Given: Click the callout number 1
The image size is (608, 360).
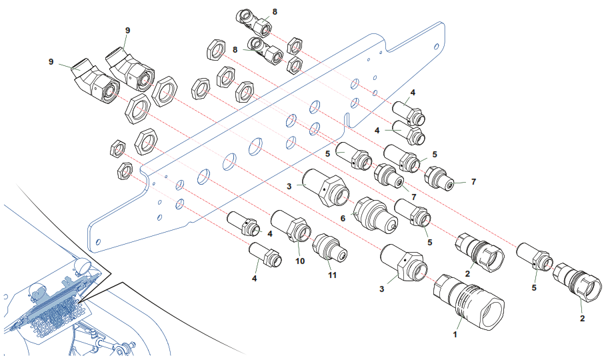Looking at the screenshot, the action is (x=455, y=334).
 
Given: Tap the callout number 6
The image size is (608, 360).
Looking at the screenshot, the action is (x=343, y=219).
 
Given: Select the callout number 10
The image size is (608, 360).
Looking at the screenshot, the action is (x=300, y=261).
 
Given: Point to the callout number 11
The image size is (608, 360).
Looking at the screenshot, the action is (x=332, y=275).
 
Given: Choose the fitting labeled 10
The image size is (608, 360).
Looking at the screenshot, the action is (x=291, y=226).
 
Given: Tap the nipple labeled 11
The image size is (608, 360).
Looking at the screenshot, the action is (x=329, y=247).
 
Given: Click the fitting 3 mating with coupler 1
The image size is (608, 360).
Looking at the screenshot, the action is (x=403, y=263).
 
